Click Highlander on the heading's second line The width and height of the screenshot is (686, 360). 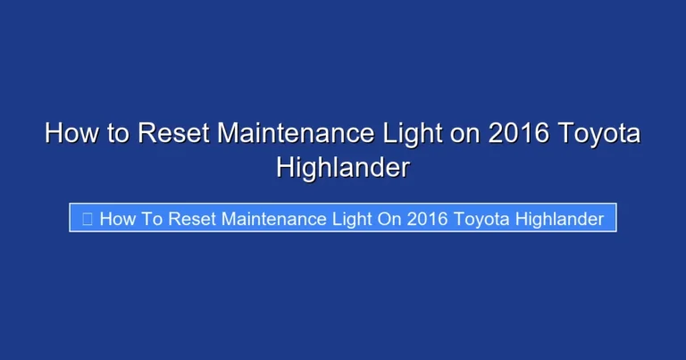pos(343,168)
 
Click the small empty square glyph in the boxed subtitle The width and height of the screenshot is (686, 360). pos(88,218)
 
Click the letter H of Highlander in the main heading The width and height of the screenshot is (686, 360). pos(286,168)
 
